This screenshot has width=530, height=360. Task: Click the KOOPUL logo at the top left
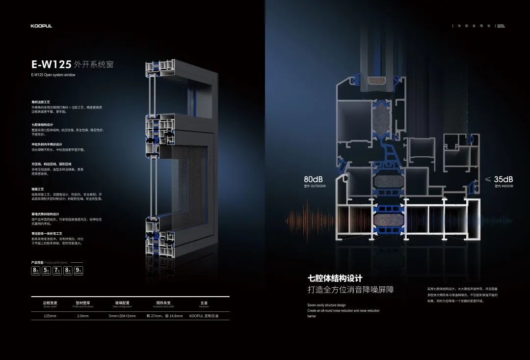(x=41, y=26)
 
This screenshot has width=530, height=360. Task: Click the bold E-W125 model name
(x=51, y=64)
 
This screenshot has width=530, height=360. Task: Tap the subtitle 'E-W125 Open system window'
(x=53, y=75)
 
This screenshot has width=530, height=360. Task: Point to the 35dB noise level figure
(x=503, y=179)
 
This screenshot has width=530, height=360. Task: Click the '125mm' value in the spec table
(x=50, y=316)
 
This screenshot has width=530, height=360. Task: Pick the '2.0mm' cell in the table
(x=82, y=316)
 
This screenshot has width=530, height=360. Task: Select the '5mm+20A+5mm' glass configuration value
(x=122, y=316)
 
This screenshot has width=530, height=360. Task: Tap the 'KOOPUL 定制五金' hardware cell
(x=204, y=316)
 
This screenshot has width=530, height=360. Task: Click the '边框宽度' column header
(x=50, y=303)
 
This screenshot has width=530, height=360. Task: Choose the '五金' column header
(x=204, y=303)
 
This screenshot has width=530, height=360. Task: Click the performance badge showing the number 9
(x=79, y=270)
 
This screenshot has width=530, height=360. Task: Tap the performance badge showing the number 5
(x=46, y=270)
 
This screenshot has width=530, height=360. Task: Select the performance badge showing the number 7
(x=57, y=270)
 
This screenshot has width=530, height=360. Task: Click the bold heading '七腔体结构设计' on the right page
(x=335, y=278)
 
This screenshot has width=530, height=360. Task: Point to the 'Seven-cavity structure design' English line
(x=326, y=305)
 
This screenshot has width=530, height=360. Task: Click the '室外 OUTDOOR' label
(x=315, y=187)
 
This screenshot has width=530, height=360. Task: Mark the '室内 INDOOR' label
(x=503, y=187)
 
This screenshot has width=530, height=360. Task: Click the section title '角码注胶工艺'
(x=41, y=102)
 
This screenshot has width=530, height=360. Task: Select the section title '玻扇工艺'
(x=38, y=189)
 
